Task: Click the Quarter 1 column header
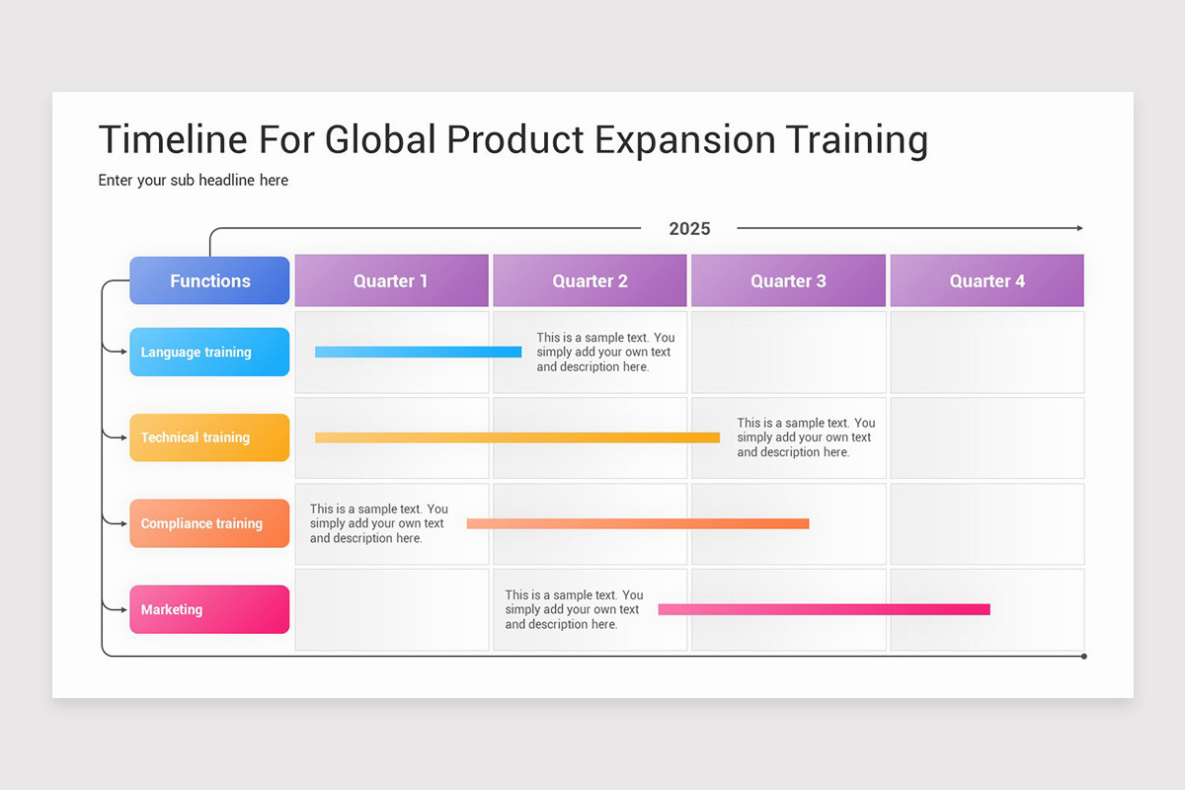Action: [391, 281]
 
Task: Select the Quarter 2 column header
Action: [590, 281]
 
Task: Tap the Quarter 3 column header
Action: [788, 281]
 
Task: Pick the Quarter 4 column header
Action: [987, 281]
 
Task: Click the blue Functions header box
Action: [209, 281]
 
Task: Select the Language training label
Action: [209, 353]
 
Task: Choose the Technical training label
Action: [209, 437]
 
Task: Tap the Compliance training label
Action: [209, 523]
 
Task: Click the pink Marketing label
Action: [209, 609]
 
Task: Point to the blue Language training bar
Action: [418, 352]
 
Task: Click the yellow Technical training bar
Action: [516, 437]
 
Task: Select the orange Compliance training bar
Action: [637, 523]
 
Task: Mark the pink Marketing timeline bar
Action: [824, 609]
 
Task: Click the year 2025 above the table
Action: [689, 229]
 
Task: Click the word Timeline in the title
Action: [172, 140]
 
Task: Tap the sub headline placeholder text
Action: [194, 181]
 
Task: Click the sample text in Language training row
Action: [605, 353]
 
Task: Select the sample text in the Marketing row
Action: [574, 609]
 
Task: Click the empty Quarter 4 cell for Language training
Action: [987, 353]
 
